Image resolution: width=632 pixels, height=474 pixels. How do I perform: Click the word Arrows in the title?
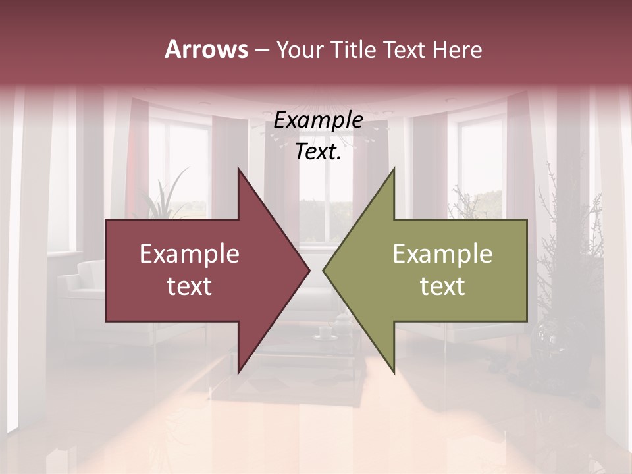pyautogui.click(x=206, y=49)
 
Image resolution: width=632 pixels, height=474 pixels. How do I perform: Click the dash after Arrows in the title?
pyautogui.click(x=261, y=50)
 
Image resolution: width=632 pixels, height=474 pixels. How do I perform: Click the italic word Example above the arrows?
pyautogui.click(x=318, y=120)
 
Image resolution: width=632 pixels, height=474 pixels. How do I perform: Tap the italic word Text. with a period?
pyautogui.click(x=318, y=152)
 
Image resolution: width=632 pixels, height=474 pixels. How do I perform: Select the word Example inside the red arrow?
pyautogui.click(x=190, y=254)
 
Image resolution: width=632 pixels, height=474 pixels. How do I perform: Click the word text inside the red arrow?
pyautogui.click(x=190, y=286)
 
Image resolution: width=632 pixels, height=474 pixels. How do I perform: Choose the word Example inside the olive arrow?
pyautogui.click(x=442, y=254)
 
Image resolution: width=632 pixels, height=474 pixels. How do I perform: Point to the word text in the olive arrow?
pyautogui.click(x=442, y=286)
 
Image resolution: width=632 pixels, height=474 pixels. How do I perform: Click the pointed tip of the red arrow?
pyautogui.click(x=308, y=270)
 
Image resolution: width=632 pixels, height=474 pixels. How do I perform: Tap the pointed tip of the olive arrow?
pyautogui.click(x=325, y=270)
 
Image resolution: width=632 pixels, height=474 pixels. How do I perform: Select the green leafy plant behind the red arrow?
pyautogui.click(x=165, y=197)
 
